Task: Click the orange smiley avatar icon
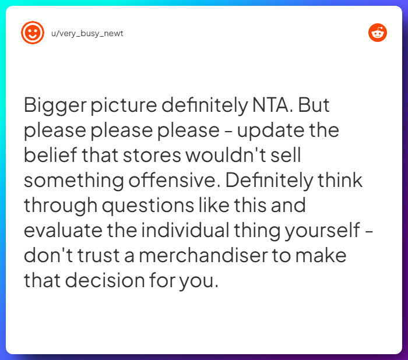pyautogui.click(x=33, y=33)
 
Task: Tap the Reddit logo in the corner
pyautogui.click(x=378, y=33)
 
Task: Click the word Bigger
pyautogui.click(x=51, y=106)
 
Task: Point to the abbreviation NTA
pyautogui.click(x=277, y=105)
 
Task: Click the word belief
pyautogui.click(x=46, y=156)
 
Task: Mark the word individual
pyautogui.click(x=192, y=231)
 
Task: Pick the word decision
pyautogui.click(x=111, y=281)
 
